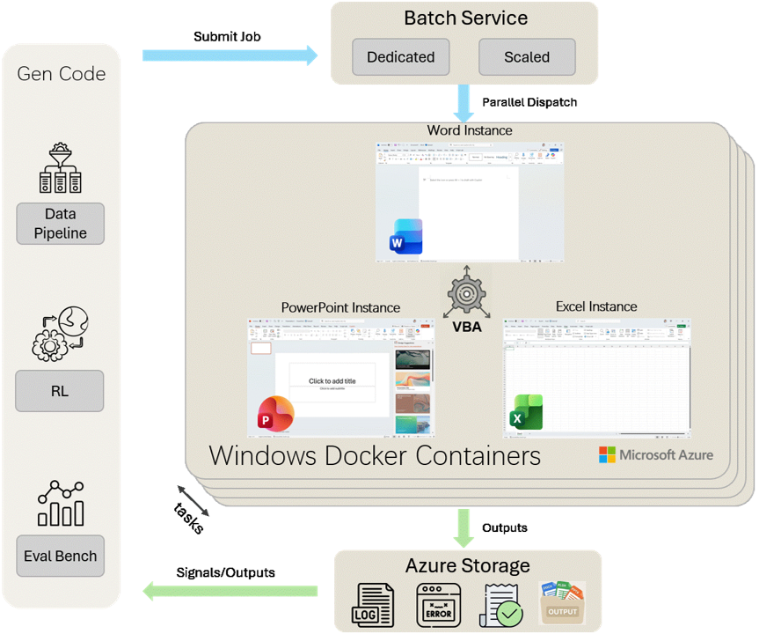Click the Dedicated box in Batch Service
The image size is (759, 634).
[401, 57]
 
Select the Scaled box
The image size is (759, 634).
[527, 57]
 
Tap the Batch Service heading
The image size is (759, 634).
[465, 18]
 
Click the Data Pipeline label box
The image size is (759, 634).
[60, 224]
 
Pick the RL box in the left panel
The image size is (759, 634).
[60, 391]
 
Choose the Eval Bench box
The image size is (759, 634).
[60, 556]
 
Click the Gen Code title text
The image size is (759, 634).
[62, 73]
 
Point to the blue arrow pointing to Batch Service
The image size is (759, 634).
[230, 55]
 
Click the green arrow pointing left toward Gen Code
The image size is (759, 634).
[230, 591]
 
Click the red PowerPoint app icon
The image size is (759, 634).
[275, 415]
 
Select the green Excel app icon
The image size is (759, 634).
[527, 412]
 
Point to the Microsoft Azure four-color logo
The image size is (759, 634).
[608, 454]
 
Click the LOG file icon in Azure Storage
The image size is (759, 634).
[373, 605]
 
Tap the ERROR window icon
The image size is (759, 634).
[438, 605]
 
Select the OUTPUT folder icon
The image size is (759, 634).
[562, 603]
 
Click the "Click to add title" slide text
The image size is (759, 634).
[332, 381]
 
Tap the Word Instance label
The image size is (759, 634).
[469, 130]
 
